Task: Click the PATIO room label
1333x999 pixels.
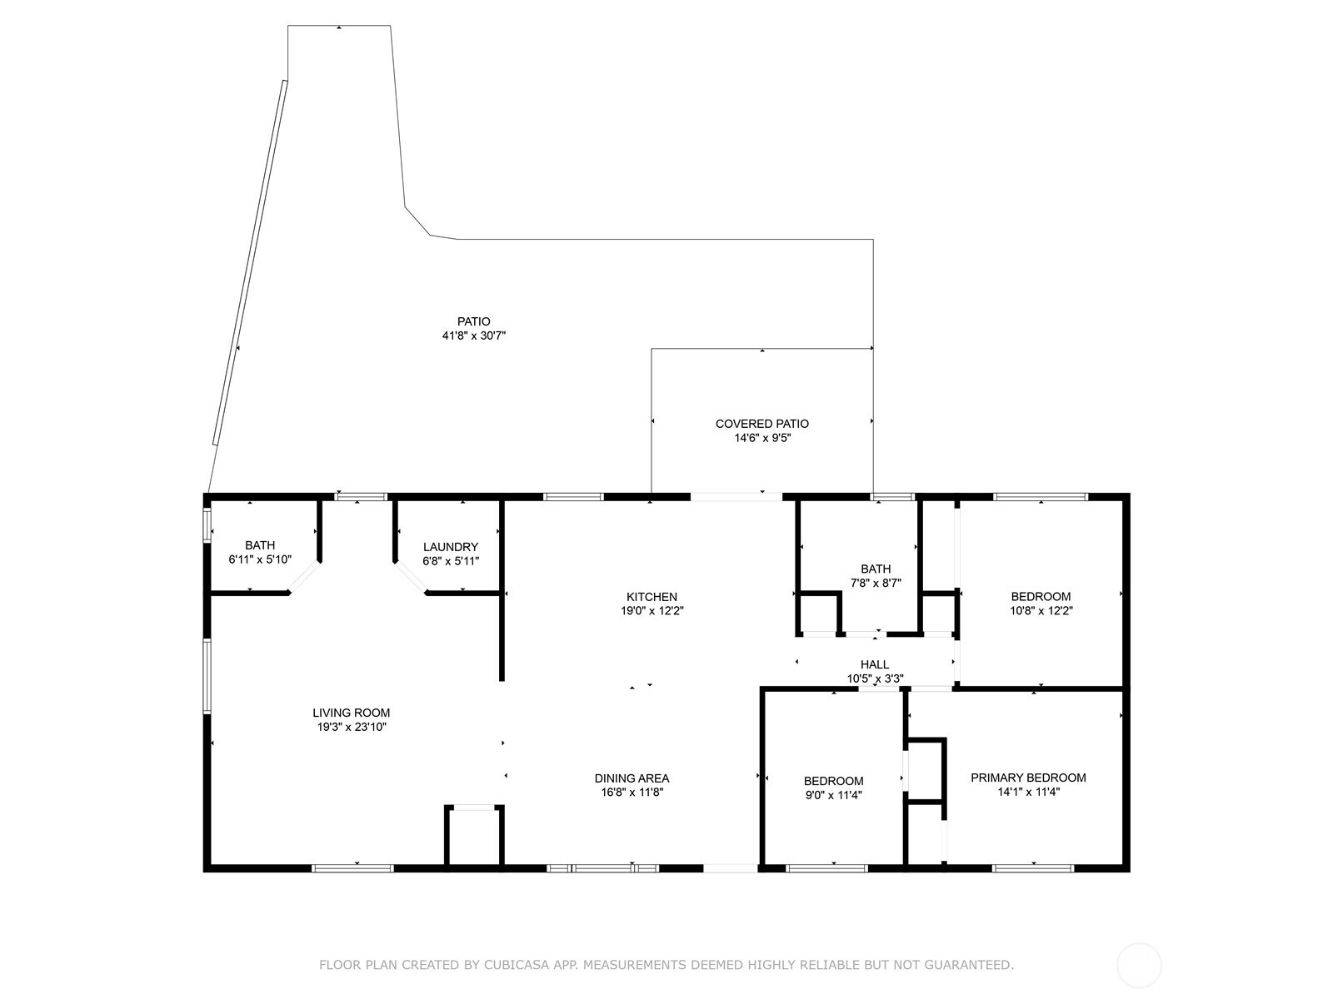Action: click(474, 321)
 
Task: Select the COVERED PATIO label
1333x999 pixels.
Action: click(762, 424)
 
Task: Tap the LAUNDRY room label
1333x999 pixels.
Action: click(451, 547)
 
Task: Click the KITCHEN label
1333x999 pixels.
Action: click(652, 597)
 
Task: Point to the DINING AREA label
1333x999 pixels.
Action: click(632, 778)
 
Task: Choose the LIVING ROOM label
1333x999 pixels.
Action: click(351, 713)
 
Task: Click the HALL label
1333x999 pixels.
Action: click(875, 665)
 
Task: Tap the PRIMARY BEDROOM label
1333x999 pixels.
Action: click(1028, 778)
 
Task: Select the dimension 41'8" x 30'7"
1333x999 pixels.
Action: click(474, 335)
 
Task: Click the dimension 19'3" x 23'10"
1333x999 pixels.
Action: click(352, 727)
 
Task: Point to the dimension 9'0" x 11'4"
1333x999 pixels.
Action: click(833, 795)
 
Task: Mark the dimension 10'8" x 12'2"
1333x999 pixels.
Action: click(1041, 611)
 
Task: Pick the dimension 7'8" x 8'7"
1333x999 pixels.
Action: click(875, 583)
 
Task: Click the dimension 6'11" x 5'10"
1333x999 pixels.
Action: click(260, 559)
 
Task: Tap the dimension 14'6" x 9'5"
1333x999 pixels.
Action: click(762, 438)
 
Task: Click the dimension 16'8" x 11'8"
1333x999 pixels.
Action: click(632, 793)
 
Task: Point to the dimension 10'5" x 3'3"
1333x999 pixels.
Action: click(875, 678)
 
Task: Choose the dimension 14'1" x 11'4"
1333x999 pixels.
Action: click(1028, 792)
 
